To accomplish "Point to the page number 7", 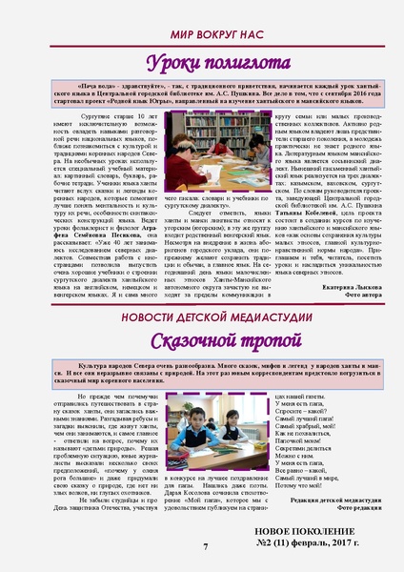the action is point(204,546).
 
